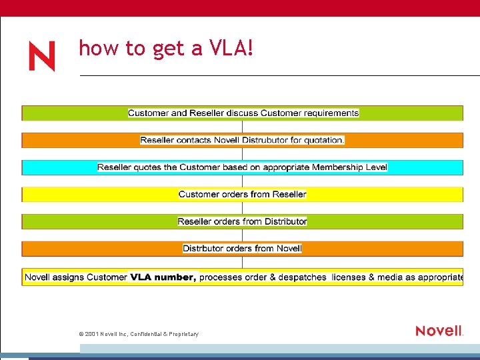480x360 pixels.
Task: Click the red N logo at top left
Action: tap(41, 56)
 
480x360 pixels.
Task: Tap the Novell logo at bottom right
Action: tap(439, 331)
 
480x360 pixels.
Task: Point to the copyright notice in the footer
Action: tap(138, 334)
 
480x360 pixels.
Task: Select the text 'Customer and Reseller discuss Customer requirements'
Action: tap(243, 113)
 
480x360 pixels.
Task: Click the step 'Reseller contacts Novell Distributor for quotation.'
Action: tap(243, 140)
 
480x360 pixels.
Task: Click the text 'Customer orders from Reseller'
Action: tap(243, 195)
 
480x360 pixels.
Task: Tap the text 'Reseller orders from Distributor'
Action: tap(243, 221)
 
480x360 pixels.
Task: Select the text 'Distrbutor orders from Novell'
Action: tap(243, 249)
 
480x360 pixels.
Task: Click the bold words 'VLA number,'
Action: tap(163, 277)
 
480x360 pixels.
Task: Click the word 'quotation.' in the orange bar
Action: tap(323, 140)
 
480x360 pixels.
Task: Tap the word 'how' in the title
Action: tap(93, 48)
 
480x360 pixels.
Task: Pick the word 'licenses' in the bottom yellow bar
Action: tap(349, 277)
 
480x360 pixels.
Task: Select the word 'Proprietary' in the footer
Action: tap(182, 334)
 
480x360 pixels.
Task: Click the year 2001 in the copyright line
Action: tap(91, 334)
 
